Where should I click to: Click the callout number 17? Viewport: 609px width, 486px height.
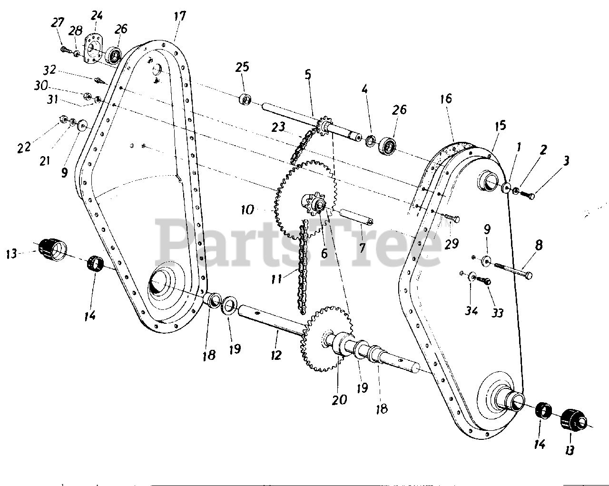[x=179, y=16]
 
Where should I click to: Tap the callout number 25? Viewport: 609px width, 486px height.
[x=242, y=67]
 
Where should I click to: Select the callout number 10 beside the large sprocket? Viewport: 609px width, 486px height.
[x=248, y=209]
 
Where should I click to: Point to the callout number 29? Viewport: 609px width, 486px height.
[x=451, y=244]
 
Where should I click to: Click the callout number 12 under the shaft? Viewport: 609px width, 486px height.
[x=276, y=355]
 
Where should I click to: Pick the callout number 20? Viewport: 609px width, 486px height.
[x=339, y=399]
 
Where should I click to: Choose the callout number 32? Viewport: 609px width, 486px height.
[x=49, y=70]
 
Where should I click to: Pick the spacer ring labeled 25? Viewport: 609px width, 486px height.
[x=245, y=100]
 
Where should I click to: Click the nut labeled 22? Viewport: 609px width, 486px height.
[x=63, y=119]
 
